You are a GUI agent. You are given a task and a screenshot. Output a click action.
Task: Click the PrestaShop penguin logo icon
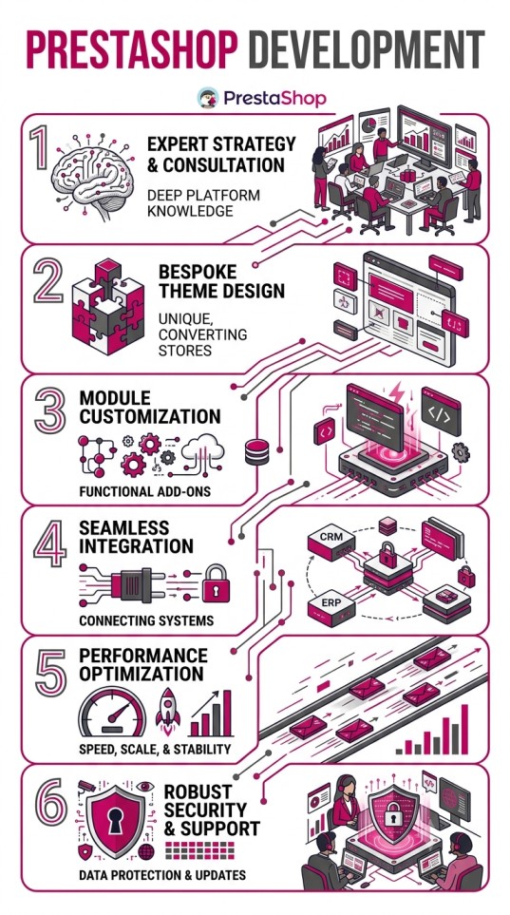point(208,98)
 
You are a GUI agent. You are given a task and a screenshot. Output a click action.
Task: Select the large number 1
point(41,149)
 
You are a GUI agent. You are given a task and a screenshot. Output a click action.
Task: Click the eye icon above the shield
point(144,787)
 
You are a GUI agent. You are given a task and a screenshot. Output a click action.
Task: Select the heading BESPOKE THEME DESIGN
point(221,280)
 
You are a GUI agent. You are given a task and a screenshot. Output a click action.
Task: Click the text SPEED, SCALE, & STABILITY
point(155,749)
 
